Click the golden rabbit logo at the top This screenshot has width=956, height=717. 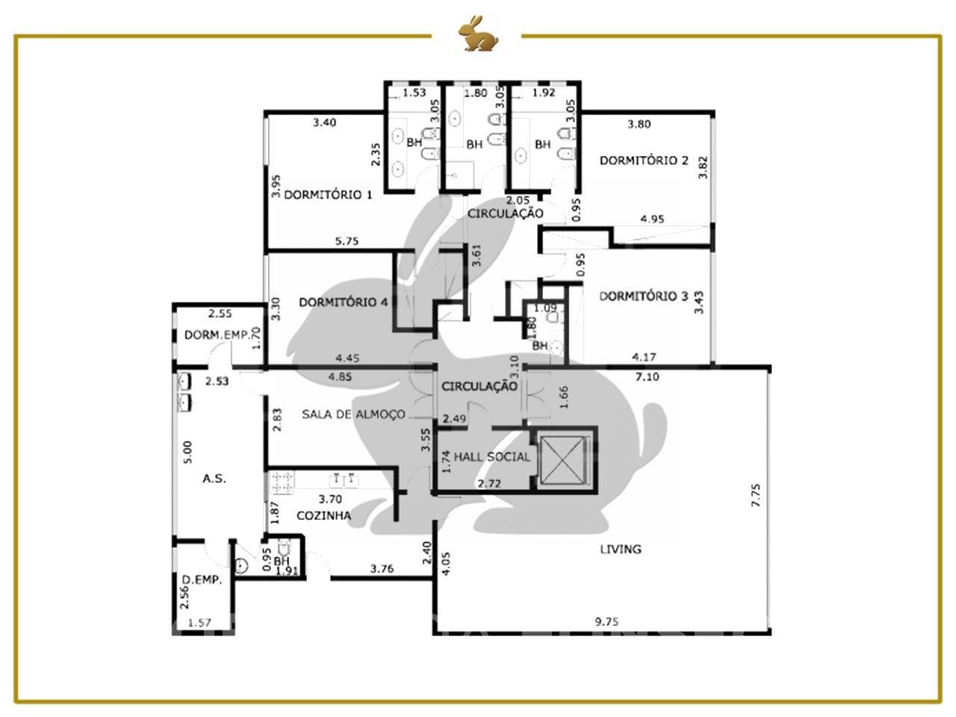click(x=478, y=34)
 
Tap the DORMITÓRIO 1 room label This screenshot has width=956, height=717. click(x=328, y=195)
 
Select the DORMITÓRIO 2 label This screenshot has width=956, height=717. click(x=644, y=160)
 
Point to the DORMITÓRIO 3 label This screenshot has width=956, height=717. click(x=643, y=297)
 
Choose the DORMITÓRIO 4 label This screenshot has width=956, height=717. click(x=344, y=302)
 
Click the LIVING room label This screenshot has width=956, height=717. click(x=621, y=549)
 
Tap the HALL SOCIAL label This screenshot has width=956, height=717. click(x=491, y=456)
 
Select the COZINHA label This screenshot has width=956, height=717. click(x=323, y=515)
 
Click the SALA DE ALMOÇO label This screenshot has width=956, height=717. click(x=354, y=414)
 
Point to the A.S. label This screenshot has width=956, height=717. click(x=214, y=479)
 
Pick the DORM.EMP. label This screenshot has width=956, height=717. click(x=217, y=335)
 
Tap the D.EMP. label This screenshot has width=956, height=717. click(x=202, y=580)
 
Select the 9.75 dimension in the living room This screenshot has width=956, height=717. click(x=606, y=621)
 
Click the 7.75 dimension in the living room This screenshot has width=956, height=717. click(x=756, y=495)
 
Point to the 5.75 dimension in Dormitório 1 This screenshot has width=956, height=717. click(x=347, y=241)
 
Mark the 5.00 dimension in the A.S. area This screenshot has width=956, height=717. click(x=187, y=453)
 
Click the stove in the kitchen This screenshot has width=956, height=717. click(x=282, y=482)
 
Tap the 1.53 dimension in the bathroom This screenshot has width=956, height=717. click(x=414, y=93)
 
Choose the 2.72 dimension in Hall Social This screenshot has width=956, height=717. click(x=489, y=483)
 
